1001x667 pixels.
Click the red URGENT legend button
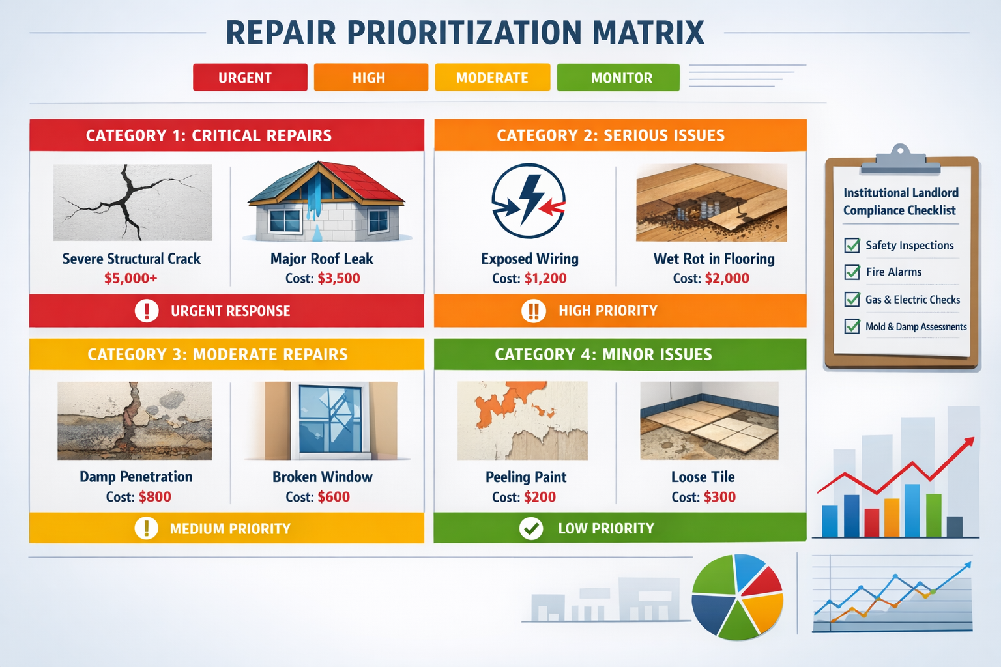250,78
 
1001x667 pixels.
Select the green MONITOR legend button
618,78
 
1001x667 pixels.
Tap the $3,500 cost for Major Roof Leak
339,278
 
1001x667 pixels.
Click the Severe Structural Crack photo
132,203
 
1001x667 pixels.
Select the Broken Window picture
330,421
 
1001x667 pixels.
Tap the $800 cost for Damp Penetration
155,497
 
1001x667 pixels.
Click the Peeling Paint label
526,477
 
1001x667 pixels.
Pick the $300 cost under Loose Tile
719,497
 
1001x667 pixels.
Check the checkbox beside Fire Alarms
852,272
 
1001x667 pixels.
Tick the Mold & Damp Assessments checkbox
852,326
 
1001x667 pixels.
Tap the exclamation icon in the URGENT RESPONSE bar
147,311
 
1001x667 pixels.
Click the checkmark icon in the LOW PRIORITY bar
531,528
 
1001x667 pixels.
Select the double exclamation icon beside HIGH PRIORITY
533,311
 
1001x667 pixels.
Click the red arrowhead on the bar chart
969,442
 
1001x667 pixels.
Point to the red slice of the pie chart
764,582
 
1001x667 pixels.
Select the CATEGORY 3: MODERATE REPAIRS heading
218,354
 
